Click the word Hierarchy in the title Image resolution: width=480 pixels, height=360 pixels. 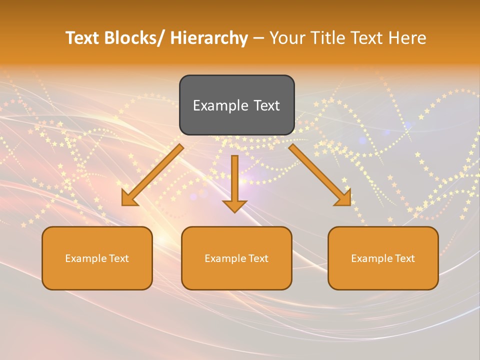pos(208,38)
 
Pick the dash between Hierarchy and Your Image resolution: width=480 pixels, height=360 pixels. pos(258,39)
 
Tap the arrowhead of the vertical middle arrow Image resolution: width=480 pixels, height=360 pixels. pos(234,206)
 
